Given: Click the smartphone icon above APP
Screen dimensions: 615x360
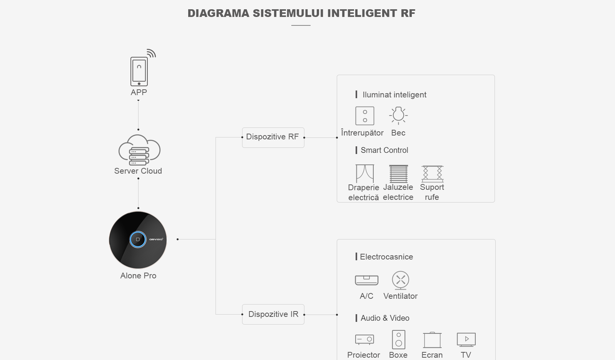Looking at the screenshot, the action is pyautogui.click(x=139, y=71).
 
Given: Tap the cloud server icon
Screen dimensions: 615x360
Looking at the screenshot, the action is pyautogui.click(x=139, y=150).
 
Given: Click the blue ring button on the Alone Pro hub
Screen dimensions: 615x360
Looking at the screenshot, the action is pyautogui.click(x=138, y=239).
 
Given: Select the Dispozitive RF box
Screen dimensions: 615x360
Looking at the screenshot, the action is pyautogui.click(x=273, y=137).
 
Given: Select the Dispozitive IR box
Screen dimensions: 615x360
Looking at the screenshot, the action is pyautogui.click(x=273, y=315).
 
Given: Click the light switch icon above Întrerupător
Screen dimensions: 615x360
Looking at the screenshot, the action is pyautogui.click(x=364, y=116).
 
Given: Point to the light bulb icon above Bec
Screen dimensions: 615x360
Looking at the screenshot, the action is pyautogui.click(x=398, y=116).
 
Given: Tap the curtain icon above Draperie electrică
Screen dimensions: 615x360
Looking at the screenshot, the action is pyautogui.click(x=364, y=174).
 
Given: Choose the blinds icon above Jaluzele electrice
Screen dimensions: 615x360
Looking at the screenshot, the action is pyautogui.click(x=399, y=174).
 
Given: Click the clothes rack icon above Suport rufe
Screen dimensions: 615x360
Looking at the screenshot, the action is pyautogui.click(x=433, y=174).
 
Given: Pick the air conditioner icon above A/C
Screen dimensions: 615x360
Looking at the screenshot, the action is pyautogui.click(x=366, y=280).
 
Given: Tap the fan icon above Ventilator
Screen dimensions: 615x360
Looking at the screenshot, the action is pyautogui.click(x=401, y=280).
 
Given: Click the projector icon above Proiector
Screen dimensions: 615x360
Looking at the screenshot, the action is pyautogui.click(x=364, y=340).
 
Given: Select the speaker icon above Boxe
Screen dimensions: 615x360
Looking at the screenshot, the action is pyautogui.click(x=398, y=340).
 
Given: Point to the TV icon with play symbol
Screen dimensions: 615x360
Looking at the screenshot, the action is pyautogui.click(x=466, y=340).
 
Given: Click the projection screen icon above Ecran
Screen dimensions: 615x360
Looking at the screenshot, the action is pyautogui.click(x=432, y=340).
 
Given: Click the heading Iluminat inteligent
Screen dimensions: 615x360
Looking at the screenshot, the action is pyautogui.click(x=394, y=95).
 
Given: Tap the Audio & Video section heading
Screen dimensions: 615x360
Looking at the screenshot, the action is pyautogui.click(x=385, y=318).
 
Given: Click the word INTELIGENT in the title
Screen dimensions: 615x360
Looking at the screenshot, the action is pyautogui.click(x=362, y=13).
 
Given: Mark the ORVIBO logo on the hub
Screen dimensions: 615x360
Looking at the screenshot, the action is pyautogui.click(x=156, y=239).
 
